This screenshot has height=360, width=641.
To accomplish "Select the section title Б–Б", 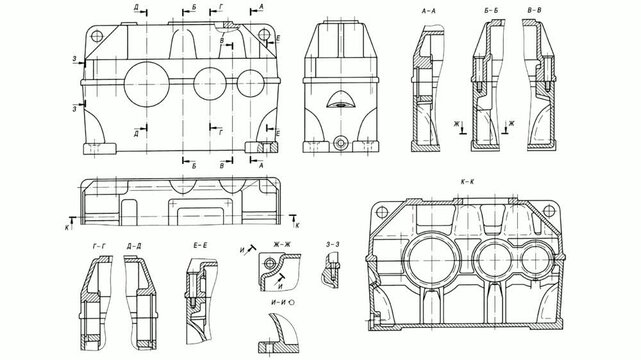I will [491, 10].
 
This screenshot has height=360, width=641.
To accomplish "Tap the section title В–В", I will [535, 10].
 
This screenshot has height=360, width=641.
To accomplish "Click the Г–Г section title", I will [98, 244].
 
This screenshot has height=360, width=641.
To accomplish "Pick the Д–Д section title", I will [134, 244].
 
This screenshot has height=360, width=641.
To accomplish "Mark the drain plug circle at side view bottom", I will [342, 144].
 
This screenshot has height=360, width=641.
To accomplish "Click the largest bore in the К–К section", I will [431, 254].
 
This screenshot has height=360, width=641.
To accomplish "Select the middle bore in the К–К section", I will [491, 254].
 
